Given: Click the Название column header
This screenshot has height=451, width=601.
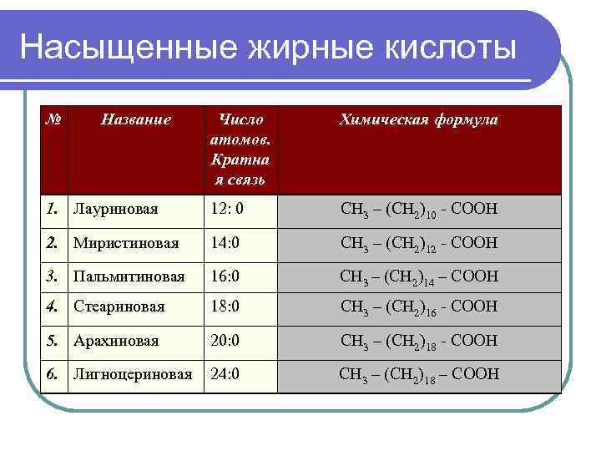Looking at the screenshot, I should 136,119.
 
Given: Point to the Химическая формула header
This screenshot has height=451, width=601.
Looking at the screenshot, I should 418,119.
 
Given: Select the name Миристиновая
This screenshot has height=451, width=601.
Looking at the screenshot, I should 125,243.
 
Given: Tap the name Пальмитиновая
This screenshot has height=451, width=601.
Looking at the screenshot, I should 129,276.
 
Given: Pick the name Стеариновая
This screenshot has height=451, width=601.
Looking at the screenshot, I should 119,307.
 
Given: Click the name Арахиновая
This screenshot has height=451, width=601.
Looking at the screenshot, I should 116,341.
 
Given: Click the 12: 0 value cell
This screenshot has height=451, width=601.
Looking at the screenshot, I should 225,209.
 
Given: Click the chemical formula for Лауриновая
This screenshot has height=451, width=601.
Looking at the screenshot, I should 419,209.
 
